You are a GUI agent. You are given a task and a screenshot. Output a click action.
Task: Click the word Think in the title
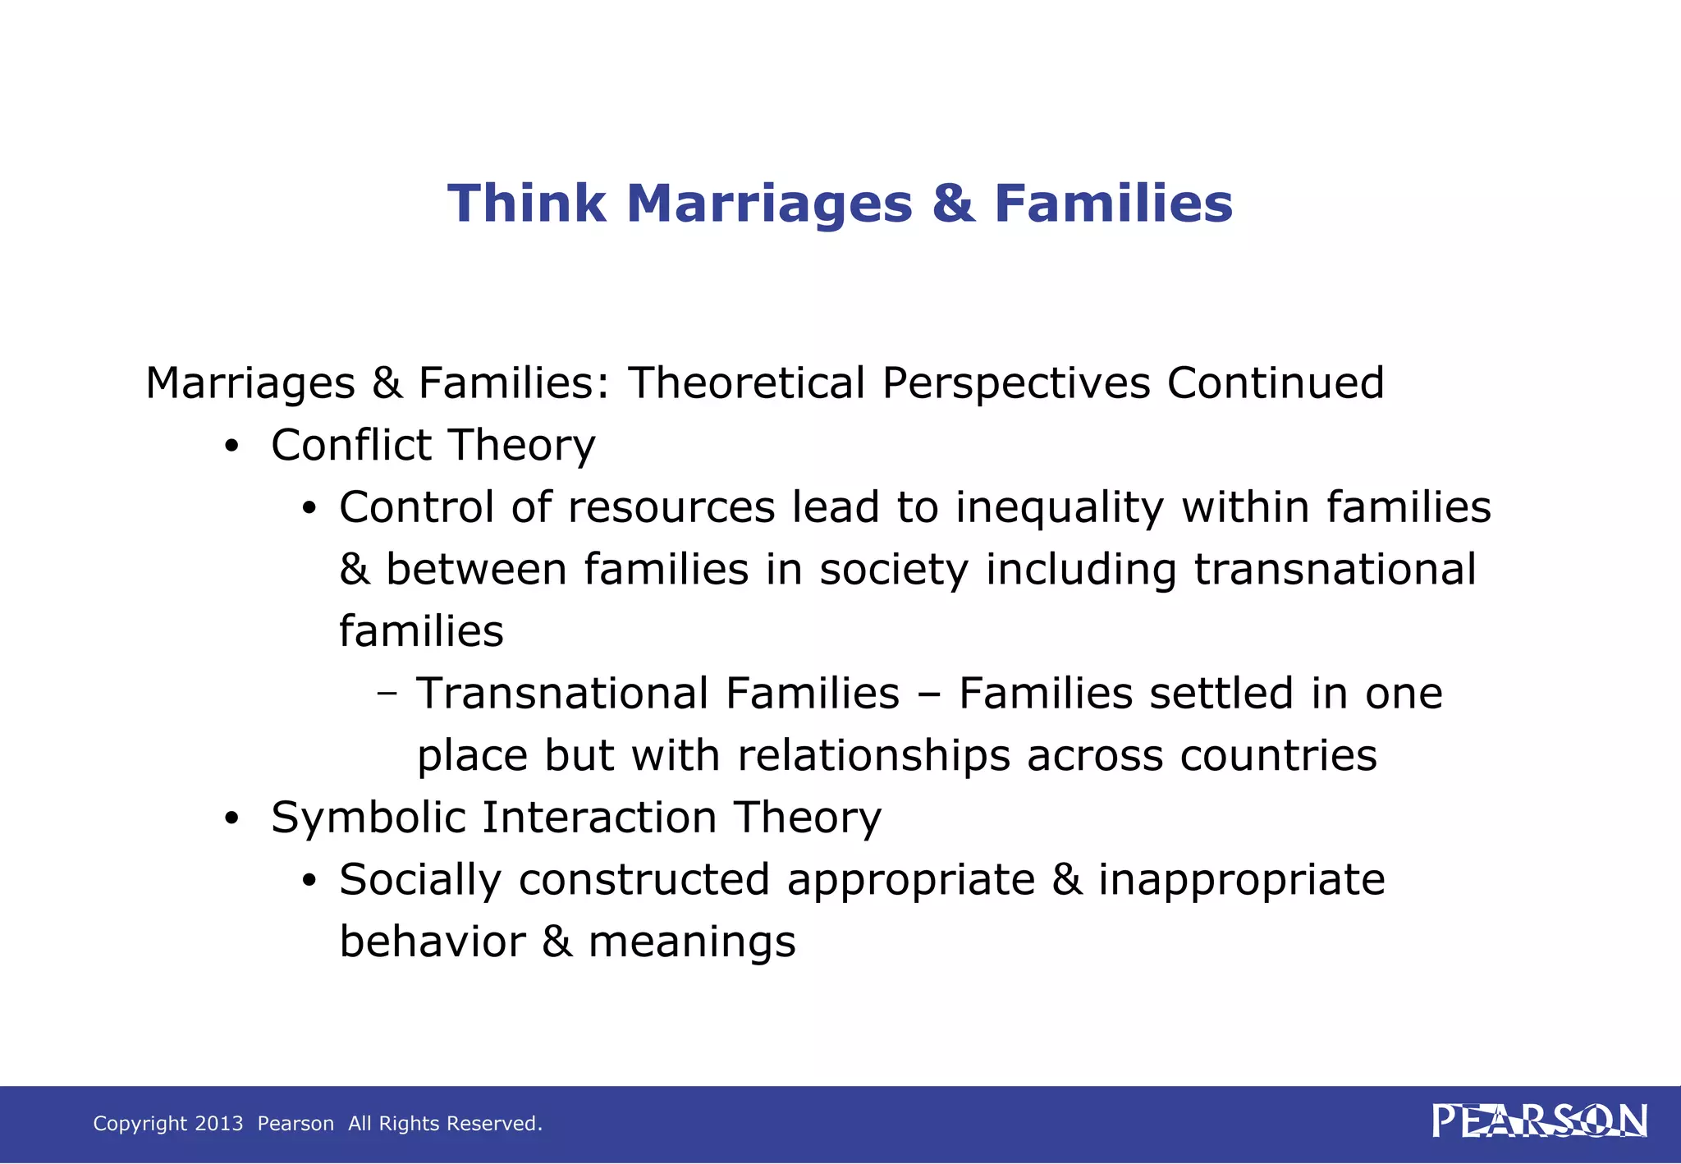point(526,203)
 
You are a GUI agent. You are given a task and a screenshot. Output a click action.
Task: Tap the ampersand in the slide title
point(953,203)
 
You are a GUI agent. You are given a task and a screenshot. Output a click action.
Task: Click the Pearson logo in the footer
point(1539,1121)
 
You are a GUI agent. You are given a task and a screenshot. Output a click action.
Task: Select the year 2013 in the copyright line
point(219,1123)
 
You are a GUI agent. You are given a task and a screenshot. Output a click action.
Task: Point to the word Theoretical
point(746,383)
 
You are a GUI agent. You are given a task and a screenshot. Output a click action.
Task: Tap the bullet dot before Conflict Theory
point(232,447)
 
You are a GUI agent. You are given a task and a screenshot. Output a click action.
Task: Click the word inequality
point(1059,508)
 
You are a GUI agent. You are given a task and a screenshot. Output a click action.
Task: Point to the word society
point(894,570)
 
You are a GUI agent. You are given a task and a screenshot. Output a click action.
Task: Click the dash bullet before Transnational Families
point(387,694)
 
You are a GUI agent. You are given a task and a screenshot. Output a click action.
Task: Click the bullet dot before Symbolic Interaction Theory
point(232,819)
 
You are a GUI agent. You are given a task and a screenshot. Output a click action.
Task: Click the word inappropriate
point(1241,880)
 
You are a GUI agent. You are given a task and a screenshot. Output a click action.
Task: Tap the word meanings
point(692,942)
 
